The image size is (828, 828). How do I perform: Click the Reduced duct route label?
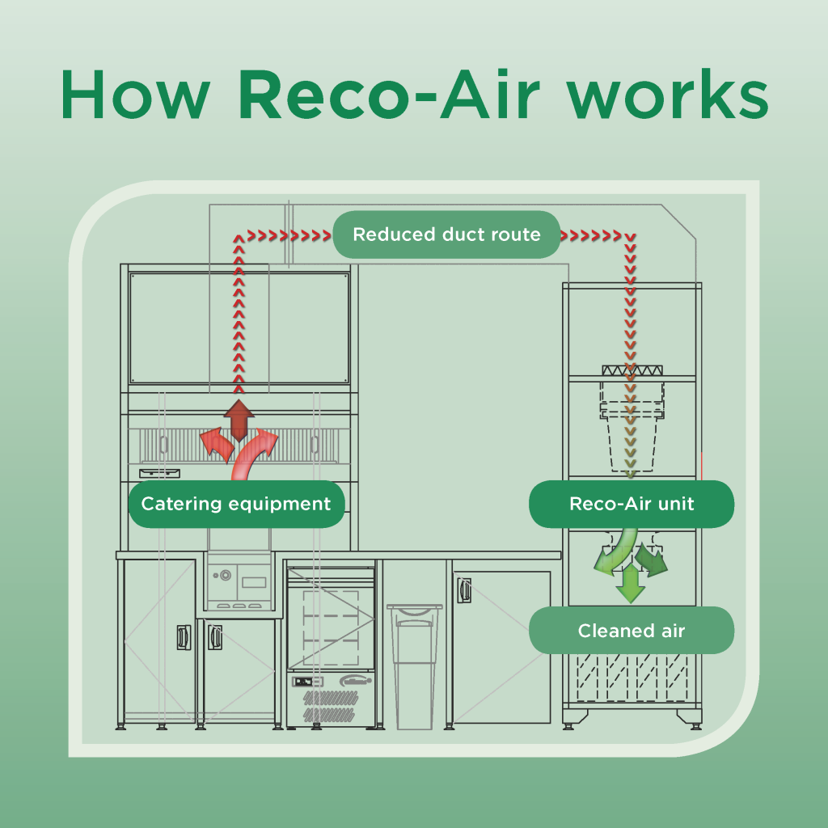(446, 235)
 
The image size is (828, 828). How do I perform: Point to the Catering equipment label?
(236, 505)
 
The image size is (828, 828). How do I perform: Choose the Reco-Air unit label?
(632, 504)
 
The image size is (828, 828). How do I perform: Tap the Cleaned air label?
(632, 631)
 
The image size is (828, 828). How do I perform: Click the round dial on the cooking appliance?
(224, 576)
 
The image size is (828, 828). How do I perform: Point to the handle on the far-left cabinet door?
(184, 636)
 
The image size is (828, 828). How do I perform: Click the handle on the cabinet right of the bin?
(464, 589)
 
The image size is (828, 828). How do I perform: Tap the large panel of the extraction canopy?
(239, 327)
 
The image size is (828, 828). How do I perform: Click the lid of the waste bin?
(414, 606)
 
